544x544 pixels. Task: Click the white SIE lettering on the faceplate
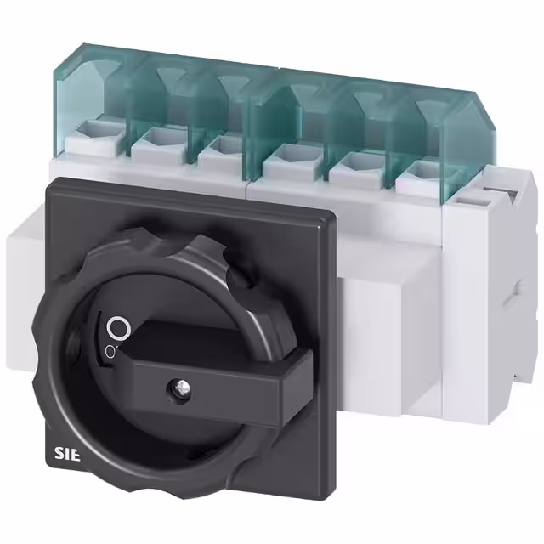(67, 455)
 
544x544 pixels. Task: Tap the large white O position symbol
(119, 327)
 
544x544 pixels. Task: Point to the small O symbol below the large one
(110, 351)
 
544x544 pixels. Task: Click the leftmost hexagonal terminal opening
(91, 129)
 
